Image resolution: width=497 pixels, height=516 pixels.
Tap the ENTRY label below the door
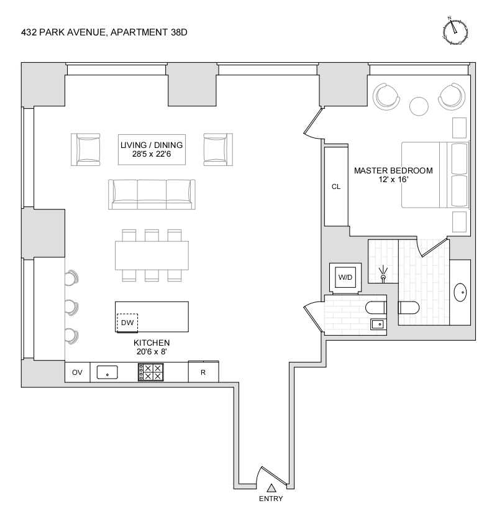click(271, 499)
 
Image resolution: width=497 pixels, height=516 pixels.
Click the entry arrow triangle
click(271, 488)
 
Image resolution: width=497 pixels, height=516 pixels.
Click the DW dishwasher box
click(127, 323)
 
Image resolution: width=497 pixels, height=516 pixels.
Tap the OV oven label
click(78, 372)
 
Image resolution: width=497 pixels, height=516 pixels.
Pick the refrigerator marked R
click(203, 372)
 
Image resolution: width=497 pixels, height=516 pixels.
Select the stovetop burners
click(152, 372)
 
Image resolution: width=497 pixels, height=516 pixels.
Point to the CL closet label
click(336, 187)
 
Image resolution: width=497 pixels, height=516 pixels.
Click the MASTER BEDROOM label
click(393, 170)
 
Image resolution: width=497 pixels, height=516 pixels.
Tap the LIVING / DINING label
click(152, 145)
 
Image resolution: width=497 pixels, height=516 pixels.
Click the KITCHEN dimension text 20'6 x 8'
click(152, 352)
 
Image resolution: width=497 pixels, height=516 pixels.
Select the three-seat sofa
click(152, 194)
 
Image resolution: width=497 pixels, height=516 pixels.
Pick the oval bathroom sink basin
click(461, 292)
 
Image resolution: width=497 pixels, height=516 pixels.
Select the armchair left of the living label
click(87, 149)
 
